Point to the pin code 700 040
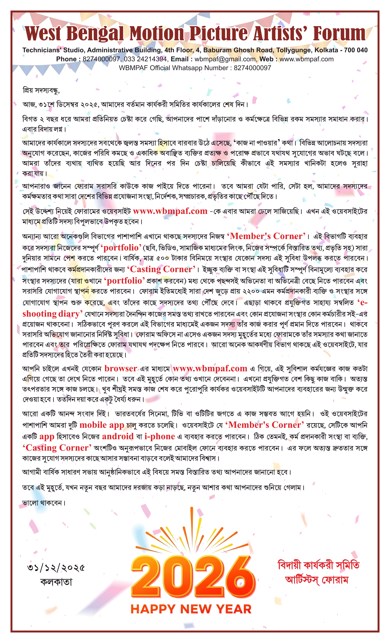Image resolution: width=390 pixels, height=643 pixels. [356, 50]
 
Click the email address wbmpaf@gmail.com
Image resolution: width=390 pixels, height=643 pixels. [225, 59]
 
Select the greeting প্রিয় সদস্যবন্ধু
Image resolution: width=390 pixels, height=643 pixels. [41, 90]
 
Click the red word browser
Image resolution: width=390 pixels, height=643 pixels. [121, 369]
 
